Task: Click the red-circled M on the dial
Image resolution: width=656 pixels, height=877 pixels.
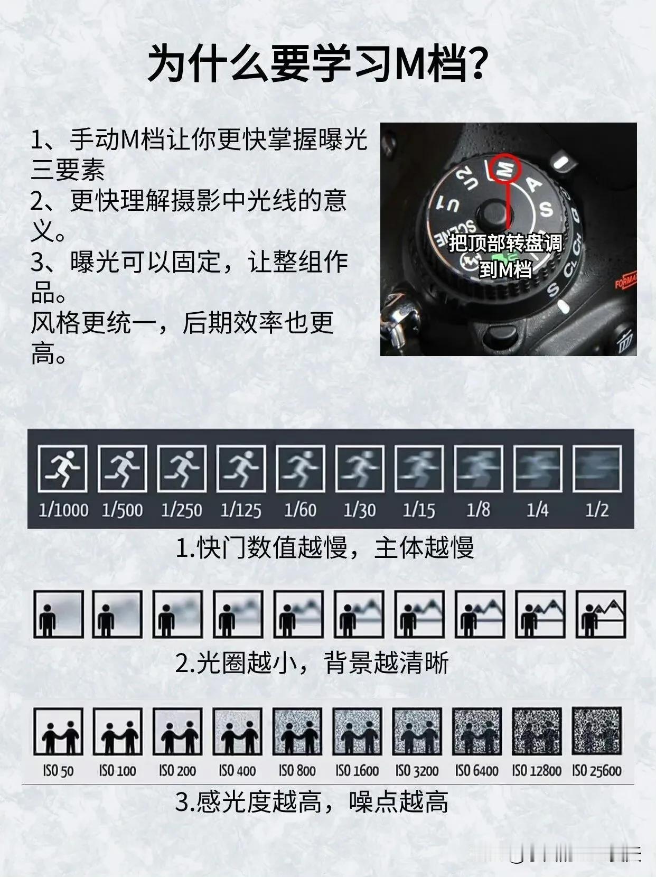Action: click(x=505, y=168)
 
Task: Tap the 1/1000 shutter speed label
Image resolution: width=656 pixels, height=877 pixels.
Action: click(x=63, y=510)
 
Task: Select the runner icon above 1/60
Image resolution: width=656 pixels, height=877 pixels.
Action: click(x=301, y=468)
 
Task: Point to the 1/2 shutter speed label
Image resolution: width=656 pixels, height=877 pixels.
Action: click(x=597, y=510)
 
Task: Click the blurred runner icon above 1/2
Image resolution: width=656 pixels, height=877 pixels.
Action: click(x=597, y=468)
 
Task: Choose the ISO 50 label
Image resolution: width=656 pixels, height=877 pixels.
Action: click(x=58, y=771)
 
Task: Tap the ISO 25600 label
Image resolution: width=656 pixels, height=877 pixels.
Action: click(x=596, y=771)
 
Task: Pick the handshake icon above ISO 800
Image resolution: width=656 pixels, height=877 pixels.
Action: click(x=297, y=731)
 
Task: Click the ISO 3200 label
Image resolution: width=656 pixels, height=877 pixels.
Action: click(x=417, y=771)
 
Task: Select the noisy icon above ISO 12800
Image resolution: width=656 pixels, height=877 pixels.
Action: click(x=537, y=731)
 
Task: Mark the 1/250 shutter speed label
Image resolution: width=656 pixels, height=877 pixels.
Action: click(x=182, y=510)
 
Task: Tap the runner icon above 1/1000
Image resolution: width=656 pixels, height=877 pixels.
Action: click(x=63, y=468)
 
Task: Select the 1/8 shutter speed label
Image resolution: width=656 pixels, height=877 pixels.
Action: click(x=479, y=510)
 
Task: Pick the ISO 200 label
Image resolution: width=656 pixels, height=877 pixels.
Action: click(x=177, y=771)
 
